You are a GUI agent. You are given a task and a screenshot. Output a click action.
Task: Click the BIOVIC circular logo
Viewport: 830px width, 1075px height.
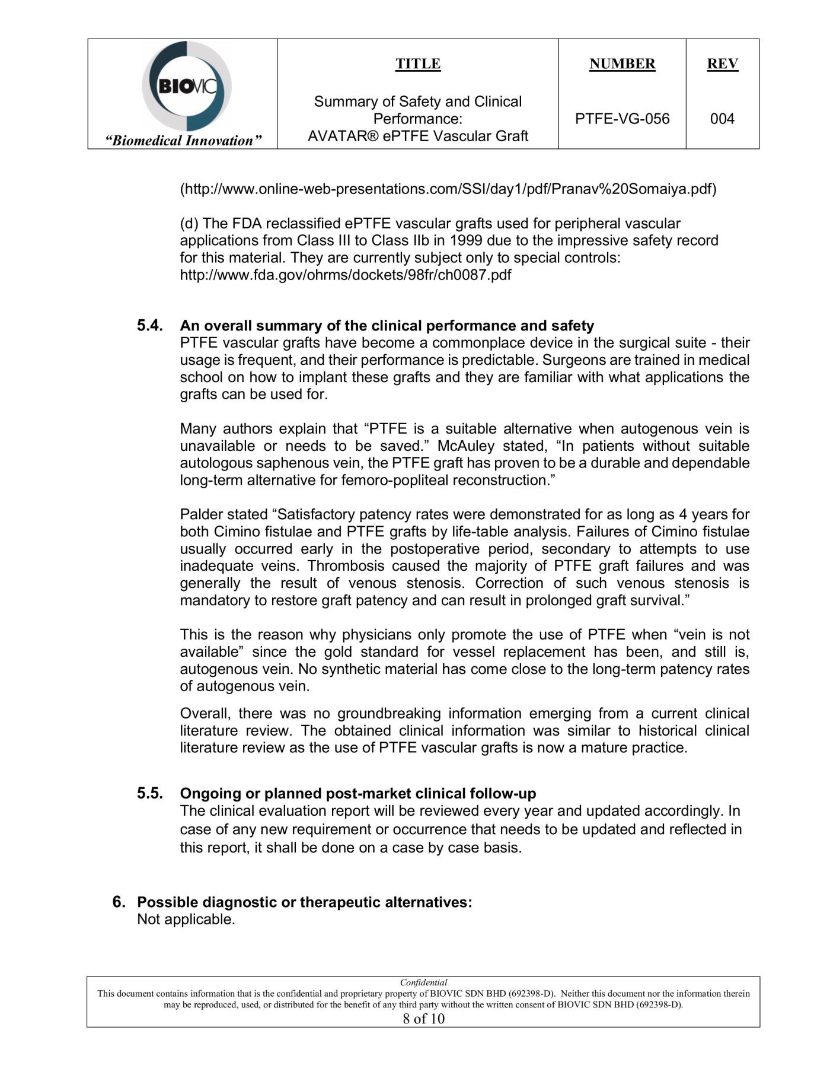coord(186,87)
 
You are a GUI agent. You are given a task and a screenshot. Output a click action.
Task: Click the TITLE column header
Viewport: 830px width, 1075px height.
coord(418,64)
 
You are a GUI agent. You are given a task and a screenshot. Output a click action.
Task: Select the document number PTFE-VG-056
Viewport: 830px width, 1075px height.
coord(622,119)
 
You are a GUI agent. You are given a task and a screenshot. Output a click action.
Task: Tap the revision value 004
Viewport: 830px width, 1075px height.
coord(722,119)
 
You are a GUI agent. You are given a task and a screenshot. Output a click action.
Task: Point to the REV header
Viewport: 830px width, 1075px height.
coord(722,64)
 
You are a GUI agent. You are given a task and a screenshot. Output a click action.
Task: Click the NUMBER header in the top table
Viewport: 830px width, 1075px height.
coord(622,64)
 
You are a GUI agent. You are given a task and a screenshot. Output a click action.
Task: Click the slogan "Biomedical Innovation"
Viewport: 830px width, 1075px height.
coord(183,141)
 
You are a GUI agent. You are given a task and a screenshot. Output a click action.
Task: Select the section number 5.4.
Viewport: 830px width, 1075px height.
coord(149,325)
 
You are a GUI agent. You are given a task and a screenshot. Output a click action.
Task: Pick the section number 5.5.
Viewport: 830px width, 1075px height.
coord(149,793)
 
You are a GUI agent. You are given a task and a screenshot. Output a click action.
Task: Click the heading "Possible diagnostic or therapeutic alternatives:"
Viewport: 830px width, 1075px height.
coord(305,902)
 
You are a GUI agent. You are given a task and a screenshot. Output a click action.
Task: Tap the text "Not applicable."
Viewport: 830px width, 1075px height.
coord(186,920)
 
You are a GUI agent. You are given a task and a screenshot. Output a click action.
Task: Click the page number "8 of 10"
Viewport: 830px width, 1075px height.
coord(423,1019)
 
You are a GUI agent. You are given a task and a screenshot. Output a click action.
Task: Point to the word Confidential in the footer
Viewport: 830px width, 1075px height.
coord(423,982)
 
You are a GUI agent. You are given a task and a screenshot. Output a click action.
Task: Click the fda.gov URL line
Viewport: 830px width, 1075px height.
coord(346,275)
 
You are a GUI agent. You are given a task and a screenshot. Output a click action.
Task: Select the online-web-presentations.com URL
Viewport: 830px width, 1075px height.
coord(448,189)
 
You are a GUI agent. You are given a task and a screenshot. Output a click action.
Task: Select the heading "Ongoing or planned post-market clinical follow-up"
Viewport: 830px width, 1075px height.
coord(358,794)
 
